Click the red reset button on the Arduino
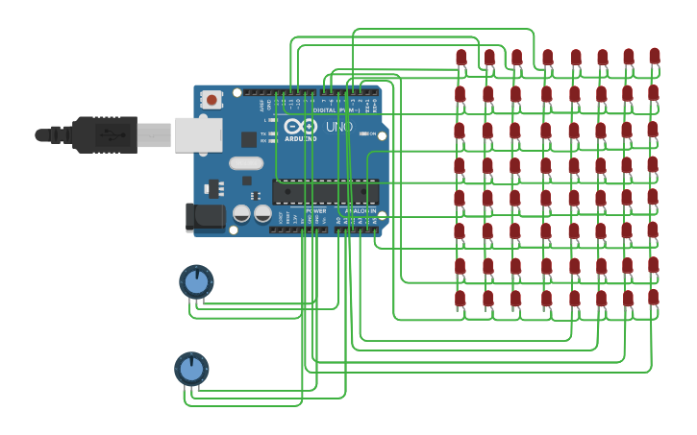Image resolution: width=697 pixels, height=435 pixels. [211, 99]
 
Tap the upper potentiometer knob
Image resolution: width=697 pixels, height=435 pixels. [196, 282]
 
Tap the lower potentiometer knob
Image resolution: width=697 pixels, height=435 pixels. [191, 369]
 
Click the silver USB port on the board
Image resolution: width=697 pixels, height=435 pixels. [198, 135]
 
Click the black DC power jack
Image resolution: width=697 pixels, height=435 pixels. [205, 218]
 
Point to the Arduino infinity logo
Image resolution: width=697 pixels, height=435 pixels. [300, 127]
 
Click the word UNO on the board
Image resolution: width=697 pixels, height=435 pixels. [338, 127]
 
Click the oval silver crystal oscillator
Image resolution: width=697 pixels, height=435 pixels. [246, 163]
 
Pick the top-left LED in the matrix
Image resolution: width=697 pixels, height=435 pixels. [461, 58]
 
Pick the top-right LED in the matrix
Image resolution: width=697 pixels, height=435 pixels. [655, 56]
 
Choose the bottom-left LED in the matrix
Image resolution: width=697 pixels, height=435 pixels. [461, 299]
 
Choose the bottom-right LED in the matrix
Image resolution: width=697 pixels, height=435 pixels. [654, 298]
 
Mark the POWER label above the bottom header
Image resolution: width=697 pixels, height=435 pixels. [315, 210]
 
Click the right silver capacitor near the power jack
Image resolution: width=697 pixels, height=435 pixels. [262, 213]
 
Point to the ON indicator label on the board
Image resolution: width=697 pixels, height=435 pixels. [371, 133]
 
